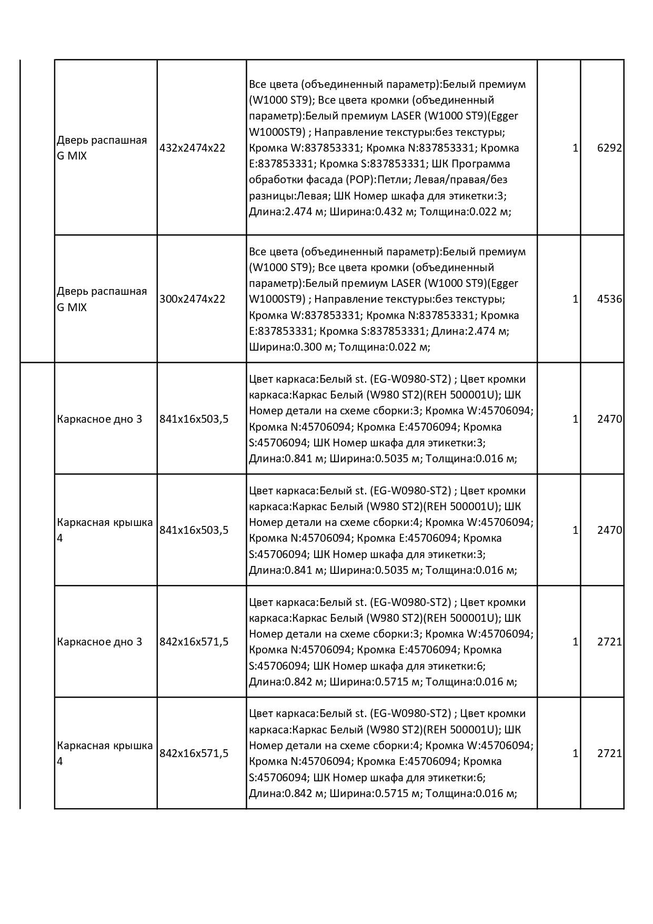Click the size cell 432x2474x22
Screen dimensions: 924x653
pyautogui.click(x=192, y=148)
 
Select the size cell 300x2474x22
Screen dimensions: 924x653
pyautogui.click(x=192, y=299)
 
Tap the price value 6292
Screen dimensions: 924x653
pyautogui.click(x=609, y=148)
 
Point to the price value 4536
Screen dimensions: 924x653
pyautogui.click(x=609, y=299)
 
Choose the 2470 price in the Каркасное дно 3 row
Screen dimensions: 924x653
pyautogui.click(x=609, y=419)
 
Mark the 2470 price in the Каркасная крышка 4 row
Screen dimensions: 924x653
pyautogui.click(x=609, y=530)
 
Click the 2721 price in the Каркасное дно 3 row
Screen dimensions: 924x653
pyautogui.click(x=609, y=642)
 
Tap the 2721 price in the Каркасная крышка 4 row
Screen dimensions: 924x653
pyautogui.click(x=609, y=753)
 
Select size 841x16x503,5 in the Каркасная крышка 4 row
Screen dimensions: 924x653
pyautogui.click(x=194, y=530)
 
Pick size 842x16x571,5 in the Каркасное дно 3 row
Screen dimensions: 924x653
pyautogui.click(x=194, y=642)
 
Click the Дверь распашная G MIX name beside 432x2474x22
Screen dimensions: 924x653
pyautogui.click(x=102, y=148)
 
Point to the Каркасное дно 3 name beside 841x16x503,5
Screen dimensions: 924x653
pyautogui.click(x=99, y=419)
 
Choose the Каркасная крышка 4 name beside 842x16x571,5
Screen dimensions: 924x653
pyautogui.click(x=104, y=753)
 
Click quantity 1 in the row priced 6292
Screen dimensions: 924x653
pyautogui.click(x=575, y=148)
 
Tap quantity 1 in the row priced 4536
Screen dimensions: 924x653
pyautogui.click(x=575, y=299)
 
